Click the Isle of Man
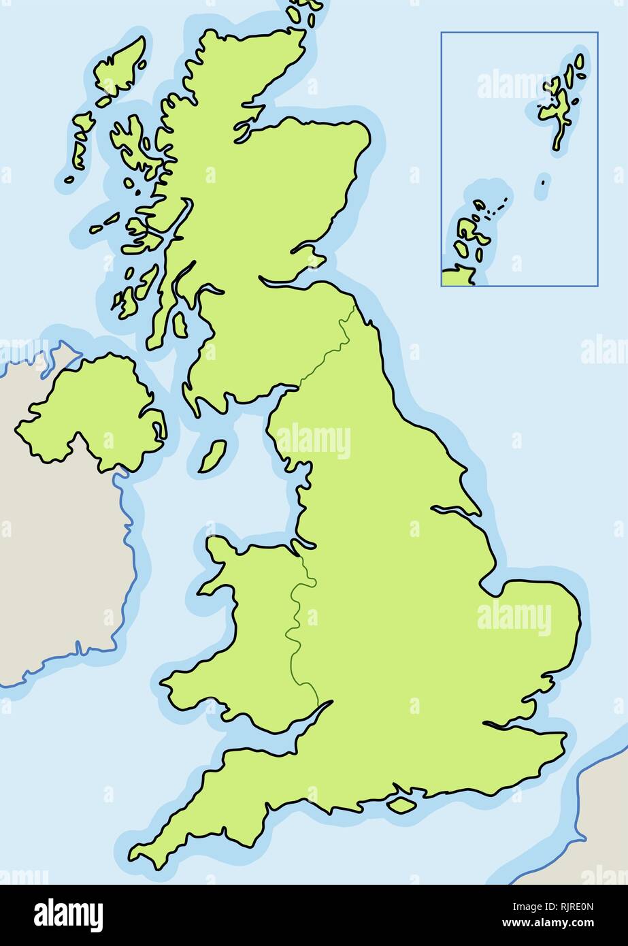[213, 457]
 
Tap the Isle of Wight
[401, 804]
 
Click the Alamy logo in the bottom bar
[68, 915]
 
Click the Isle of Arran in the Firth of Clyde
[180, 325]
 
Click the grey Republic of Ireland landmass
[54, 578]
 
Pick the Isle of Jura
[146, 283]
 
